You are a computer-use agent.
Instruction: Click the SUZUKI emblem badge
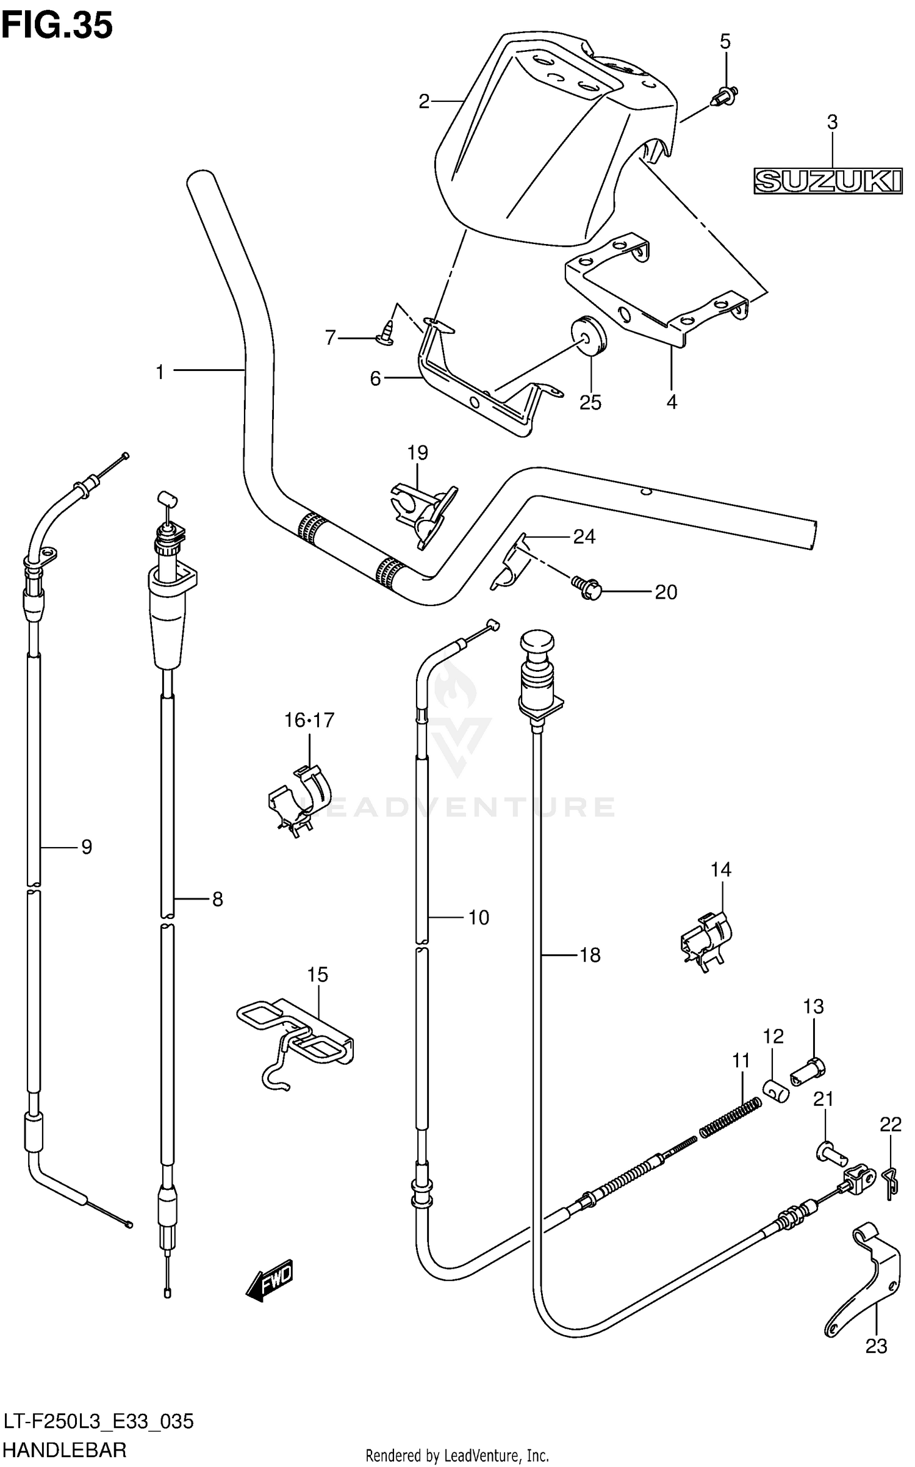point(828,181)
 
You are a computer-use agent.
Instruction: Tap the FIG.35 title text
point(57,26)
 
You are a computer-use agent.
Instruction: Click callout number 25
point(590,402)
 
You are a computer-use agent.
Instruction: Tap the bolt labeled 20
point(587,588)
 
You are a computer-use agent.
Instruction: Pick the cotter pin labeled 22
point(890,1184)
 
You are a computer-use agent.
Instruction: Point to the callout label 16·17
point(309,720)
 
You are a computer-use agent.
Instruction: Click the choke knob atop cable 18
point(536,644)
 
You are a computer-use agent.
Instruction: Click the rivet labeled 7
point(384,334)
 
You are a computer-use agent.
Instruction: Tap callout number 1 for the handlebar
point(160,371)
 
